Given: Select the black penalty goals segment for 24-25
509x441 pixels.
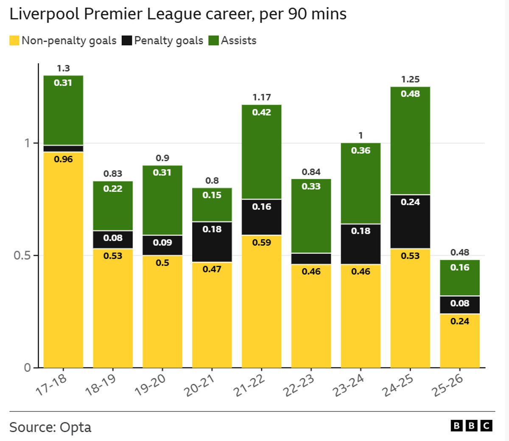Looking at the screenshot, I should [410, 222].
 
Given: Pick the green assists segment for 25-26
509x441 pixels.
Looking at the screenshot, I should [460, 278].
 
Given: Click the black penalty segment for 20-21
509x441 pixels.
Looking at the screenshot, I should [212, 242].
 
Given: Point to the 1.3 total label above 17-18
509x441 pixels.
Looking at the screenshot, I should [63, 68].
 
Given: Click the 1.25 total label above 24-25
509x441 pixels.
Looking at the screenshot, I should [410, 79].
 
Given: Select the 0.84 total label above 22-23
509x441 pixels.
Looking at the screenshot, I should [311, 172].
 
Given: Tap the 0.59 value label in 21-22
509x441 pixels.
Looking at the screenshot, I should [261, 243].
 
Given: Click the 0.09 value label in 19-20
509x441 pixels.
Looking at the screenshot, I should [162, 242].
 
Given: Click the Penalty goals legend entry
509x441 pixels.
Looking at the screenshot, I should [168, 41].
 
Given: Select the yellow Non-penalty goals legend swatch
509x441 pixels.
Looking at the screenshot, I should [14, 41].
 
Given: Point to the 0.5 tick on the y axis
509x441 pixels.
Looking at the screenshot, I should [22, 256].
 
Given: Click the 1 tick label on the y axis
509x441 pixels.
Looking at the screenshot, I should [27, 143].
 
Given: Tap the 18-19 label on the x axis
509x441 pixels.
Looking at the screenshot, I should [101, 385].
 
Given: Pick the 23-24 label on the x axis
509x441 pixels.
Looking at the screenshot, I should [348, 385].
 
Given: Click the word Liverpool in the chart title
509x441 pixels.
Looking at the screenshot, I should [45, 14].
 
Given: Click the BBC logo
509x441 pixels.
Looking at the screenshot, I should [471, 426].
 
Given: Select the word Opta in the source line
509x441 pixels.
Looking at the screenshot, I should [76, 427].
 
